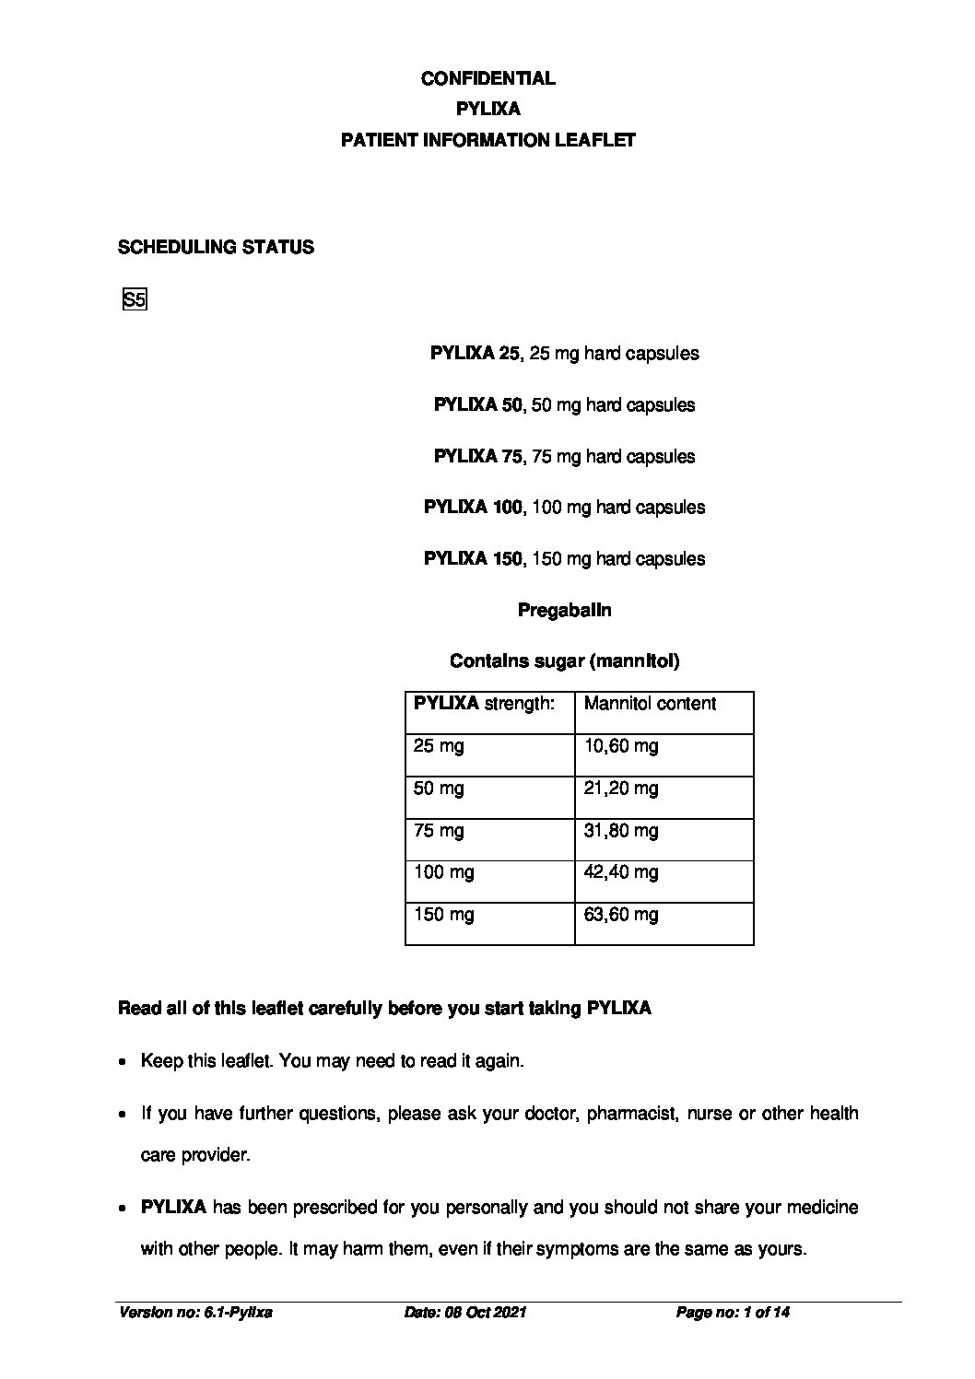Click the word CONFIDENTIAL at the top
click(x=487, y=78)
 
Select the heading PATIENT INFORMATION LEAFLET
click(x=487, y=140)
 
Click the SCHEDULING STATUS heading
click(x=216, y=247)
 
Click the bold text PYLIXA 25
click(x=475, y=353)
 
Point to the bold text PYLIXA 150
click(x=473, y=558)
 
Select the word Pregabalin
click(x=564, y=610)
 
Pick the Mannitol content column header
click(x=650, y=704)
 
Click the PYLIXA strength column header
click(x=484, y=704)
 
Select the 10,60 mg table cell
click(x=621, y=746)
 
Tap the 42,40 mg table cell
click(x=621, y=872)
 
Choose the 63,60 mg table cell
click(x=621, y=915)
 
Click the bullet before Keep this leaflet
click(x=123, y=1062)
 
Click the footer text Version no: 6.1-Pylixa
click(x=195, y=1313)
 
